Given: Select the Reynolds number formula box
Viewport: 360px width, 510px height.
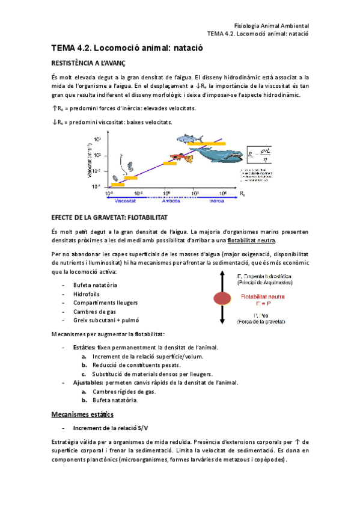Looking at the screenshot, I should point(258,155).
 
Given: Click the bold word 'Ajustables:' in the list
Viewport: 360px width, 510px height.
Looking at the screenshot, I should point(88,382).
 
